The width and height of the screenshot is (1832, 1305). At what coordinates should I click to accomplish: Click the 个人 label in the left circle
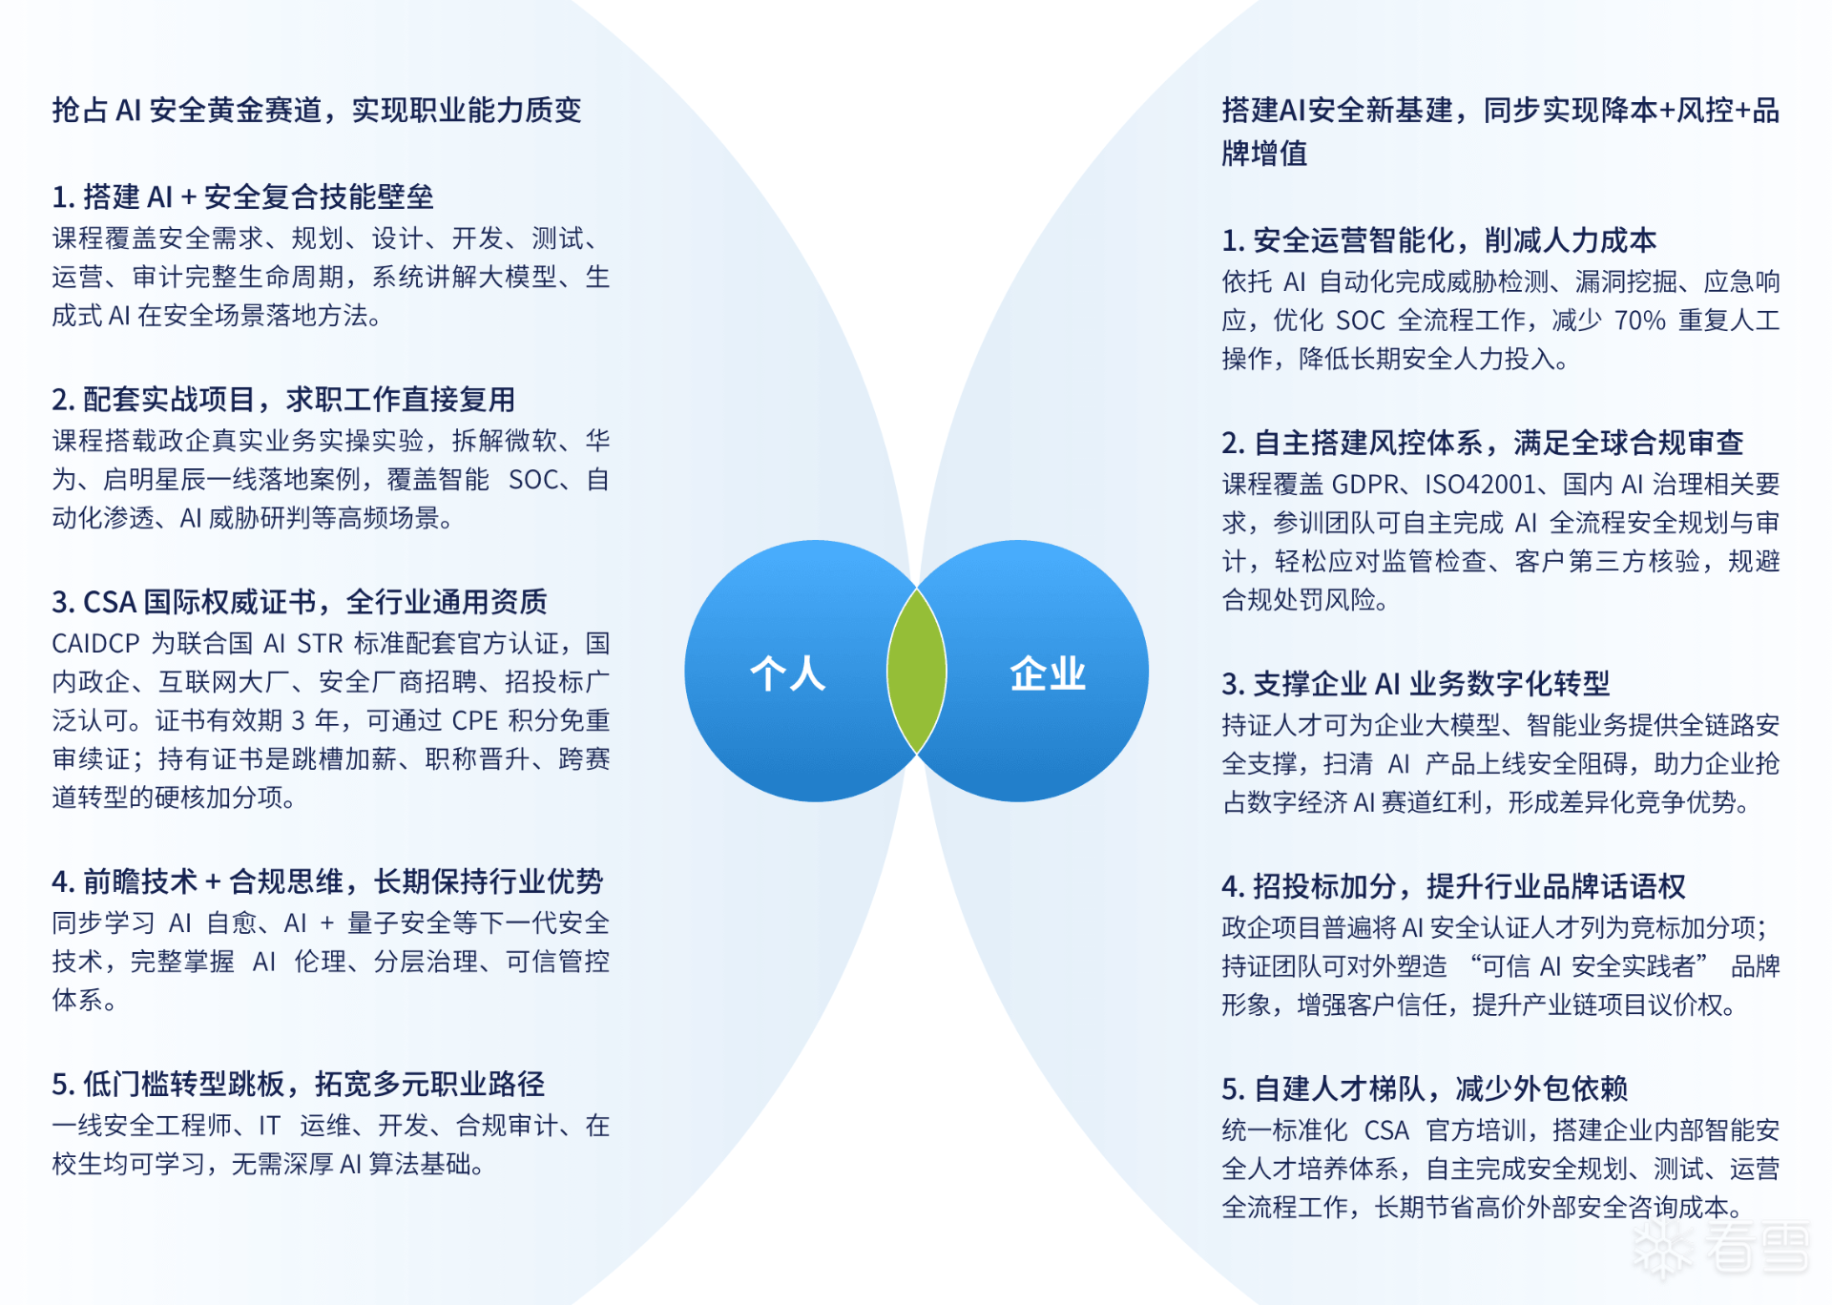click(787, 673)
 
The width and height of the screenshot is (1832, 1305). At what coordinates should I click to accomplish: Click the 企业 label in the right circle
click(1048, 673)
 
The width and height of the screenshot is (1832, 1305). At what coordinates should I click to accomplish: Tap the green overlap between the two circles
click(917, 672)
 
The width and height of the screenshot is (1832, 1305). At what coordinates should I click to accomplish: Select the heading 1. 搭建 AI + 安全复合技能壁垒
click(242, 197)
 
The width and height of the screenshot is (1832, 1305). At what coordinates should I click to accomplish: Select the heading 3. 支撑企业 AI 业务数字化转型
click(1416, 683)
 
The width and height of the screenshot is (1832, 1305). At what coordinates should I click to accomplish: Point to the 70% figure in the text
click(1640, 321)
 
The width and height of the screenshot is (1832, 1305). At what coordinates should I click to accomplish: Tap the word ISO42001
click(1480, 485)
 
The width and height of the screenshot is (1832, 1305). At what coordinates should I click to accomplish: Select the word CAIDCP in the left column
click(95, 644)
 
